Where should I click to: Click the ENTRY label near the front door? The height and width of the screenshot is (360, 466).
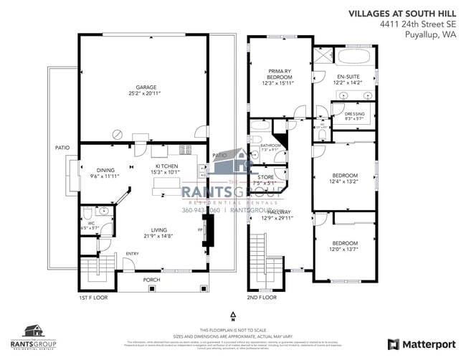click(x=132, y=253)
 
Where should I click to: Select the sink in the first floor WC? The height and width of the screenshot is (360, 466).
click(x=104, y=212)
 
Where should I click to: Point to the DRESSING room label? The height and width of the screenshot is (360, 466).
click(x=354, y=113)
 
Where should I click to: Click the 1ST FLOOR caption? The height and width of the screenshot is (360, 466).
click(x=92, y=297)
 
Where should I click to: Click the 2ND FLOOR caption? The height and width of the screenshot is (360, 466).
click(x=262, y=297)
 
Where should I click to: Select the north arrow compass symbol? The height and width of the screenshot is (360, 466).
click(x=233, y=316)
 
